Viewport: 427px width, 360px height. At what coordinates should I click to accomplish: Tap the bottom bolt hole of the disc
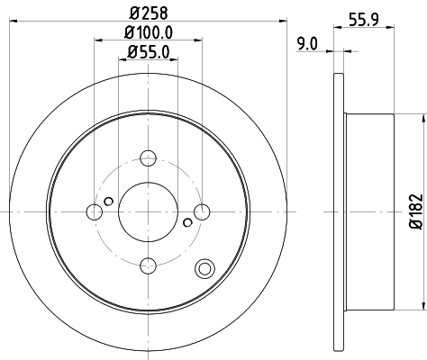148,264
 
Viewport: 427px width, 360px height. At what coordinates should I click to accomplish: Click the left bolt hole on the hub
95,211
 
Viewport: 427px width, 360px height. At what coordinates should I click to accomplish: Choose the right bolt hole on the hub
201,211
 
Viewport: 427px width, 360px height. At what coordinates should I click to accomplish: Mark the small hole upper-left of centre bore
108,200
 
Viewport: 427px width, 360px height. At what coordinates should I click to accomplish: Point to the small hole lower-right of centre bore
187,222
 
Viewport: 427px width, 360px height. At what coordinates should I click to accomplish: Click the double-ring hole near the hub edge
204,267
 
